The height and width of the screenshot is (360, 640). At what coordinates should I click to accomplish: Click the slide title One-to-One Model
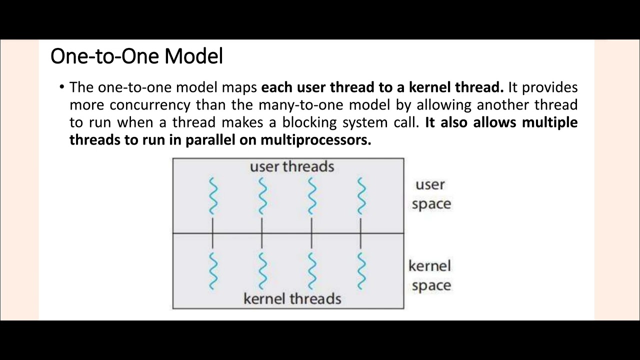pos(136,56)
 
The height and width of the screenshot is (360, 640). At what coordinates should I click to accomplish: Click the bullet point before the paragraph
pos(62,87)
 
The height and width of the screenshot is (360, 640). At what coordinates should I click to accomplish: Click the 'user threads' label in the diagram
pos(292,166)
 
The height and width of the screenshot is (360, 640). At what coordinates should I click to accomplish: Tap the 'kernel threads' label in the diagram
pos(292,299)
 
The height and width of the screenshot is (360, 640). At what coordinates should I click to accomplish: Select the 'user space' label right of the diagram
pos(431,194)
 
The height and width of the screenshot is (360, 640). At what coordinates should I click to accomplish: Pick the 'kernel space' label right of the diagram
pos(430,275)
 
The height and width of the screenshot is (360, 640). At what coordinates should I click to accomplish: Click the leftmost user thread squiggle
pos(213,196)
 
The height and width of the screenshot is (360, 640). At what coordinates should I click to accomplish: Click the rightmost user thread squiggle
pos(361,196)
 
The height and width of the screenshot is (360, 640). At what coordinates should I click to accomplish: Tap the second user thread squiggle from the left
pos(262,196)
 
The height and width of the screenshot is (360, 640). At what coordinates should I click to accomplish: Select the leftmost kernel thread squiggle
pos(213,270)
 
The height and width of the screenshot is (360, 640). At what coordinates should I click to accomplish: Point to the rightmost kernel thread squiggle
pos(361,270)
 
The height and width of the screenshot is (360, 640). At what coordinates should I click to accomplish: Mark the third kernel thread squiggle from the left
pos(312,270)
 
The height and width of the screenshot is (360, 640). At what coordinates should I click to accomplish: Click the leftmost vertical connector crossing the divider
pos(213,233)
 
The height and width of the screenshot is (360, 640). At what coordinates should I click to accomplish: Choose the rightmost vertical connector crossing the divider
pos(361,233)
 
